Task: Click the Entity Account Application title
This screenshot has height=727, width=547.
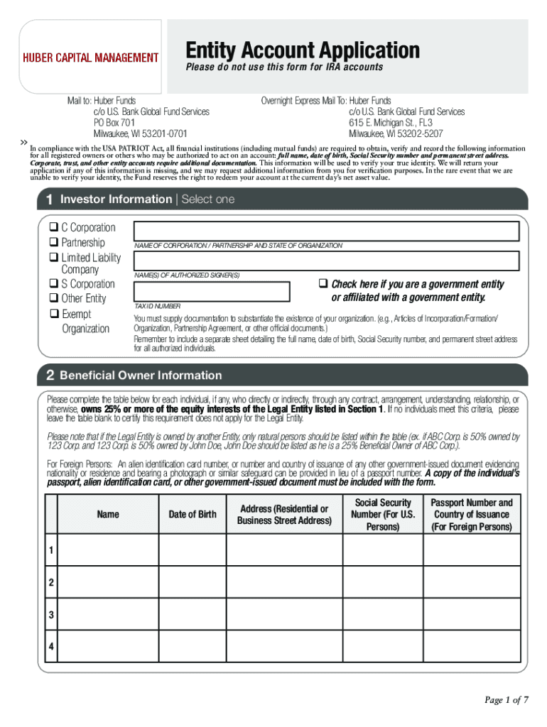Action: [x=303, y=50]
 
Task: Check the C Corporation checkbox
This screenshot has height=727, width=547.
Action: [x=53, y=228]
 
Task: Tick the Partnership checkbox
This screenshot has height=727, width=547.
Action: [x=53, y=243]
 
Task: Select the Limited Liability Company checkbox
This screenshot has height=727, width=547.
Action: [x=53, y=258]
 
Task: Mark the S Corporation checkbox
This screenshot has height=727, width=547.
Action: [x=53, y=284]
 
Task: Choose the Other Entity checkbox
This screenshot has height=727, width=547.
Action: [x=53, y=299]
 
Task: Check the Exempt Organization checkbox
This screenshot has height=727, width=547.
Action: [x=53, y=314]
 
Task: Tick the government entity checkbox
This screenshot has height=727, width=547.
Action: [x=323, y=284]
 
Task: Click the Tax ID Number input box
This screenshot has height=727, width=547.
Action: [x=212, y=292]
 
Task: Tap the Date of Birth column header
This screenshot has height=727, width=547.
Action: [x=192, y=514]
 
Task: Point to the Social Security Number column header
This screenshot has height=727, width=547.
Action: [x=383, y=514]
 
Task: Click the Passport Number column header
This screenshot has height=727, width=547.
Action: [x=471, y=514]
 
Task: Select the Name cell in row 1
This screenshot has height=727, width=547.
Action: [x=107, y=551]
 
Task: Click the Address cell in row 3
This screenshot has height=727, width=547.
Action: [x=284, y=615]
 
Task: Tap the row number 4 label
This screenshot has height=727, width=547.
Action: [x=50, y=647]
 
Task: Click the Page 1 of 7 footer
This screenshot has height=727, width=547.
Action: [x=506, y=700]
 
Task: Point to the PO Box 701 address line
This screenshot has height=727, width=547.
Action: [x=114, y=122]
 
